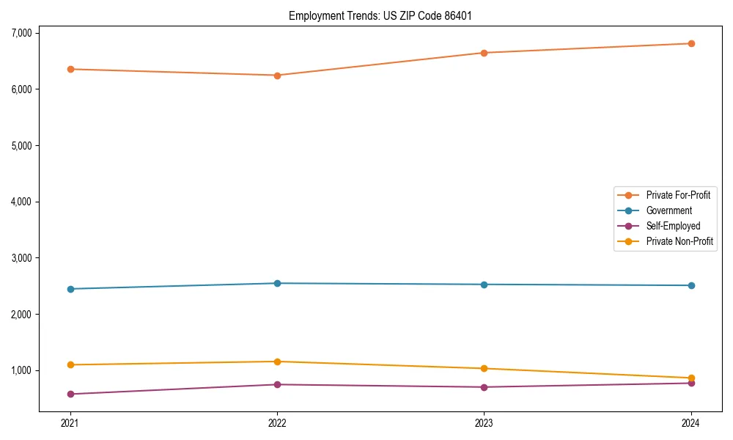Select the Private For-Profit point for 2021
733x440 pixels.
point(70,69)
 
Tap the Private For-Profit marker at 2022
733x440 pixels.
point(277,76)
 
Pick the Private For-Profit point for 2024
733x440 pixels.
point(691,43)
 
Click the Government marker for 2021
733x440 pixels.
point(70,289)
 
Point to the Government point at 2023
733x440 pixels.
point(484,285)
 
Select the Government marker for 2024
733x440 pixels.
point(691,285)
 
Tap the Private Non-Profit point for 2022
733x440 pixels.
point(277,362)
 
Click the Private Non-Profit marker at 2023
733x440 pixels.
point(484,368)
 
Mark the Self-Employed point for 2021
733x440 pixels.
point(70,394)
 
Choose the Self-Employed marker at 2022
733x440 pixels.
point(277,384)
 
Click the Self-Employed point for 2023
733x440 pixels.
point(484,387)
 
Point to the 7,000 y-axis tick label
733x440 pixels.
point(22,33)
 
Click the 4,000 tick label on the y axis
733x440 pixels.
point(22,202)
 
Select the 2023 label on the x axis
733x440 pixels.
point(484,422)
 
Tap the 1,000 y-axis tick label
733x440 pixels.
point(22,370)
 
